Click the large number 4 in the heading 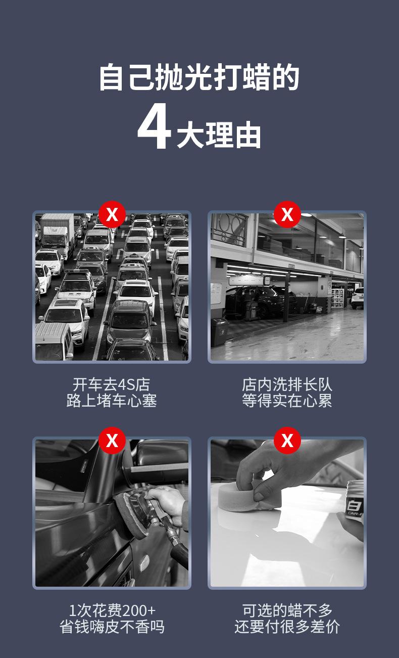click(154, 129)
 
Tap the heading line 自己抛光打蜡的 click(199, 77)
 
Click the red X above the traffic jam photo click(112, 214)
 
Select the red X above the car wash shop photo click(287, 214)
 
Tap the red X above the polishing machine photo click(112, 441)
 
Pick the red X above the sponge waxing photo click(287, 441)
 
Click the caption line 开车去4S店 click(112, 384)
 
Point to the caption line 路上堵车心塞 click(112, 401)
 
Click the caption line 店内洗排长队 click(287, 384)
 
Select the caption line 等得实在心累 click(287, 401)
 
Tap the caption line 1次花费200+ click(112, 610)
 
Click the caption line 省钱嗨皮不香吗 click(112, 627)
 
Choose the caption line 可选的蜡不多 click(287, 610)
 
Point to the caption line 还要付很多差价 click(287, 627)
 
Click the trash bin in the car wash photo click(219, 332)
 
